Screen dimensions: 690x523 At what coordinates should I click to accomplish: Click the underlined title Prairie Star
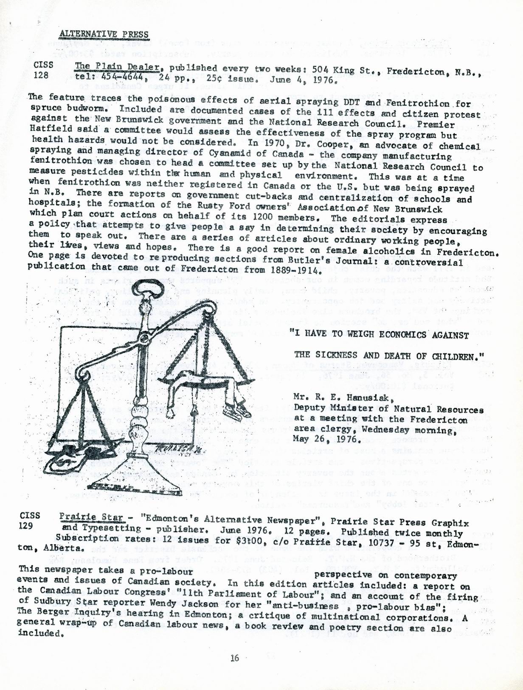(92, 518)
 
